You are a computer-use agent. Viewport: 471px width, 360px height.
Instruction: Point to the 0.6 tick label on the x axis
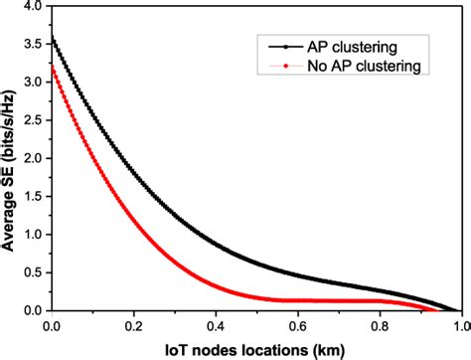click(296, 324)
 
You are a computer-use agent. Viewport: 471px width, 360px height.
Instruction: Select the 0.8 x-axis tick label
click(378, 324)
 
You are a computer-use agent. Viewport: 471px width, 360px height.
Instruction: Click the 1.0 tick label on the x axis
click(459, 324)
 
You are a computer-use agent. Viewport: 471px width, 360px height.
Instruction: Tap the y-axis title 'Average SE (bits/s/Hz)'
click(11, 159)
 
